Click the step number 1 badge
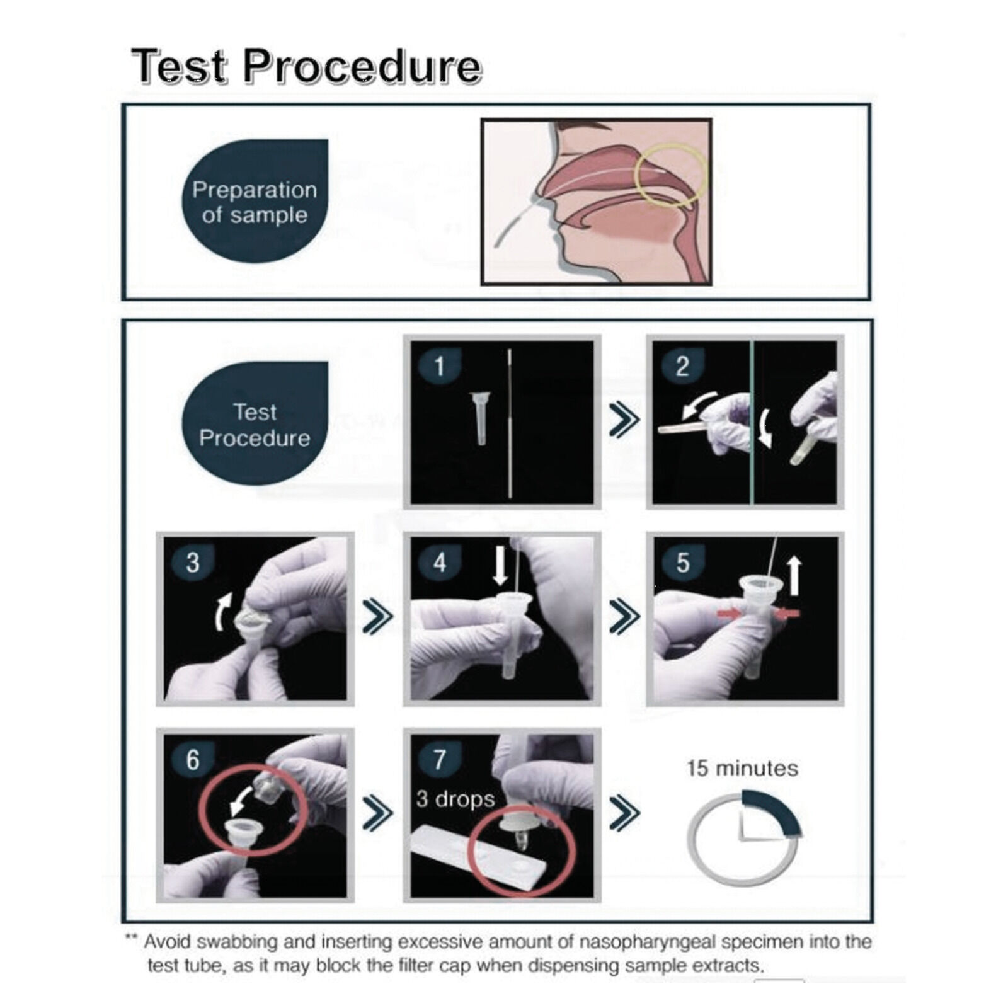(439, 365)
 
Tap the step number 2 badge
(682, 365)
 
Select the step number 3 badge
(192, 562)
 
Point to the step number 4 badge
(439, 562)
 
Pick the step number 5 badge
(682, 562)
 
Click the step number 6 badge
(192, 759)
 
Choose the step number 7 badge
(439, 759)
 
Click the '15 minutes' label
(742, 768)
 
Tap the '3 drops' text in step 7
(455, 799)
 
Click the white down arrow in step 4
(500, 565)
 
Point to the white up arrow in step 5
(794, 575)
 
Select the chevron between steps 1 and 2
(624, 420)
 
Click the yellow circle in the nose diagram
(672, 176)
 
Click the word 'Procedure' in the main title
(362, 66)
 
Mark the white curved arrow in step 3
(221, 610)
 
